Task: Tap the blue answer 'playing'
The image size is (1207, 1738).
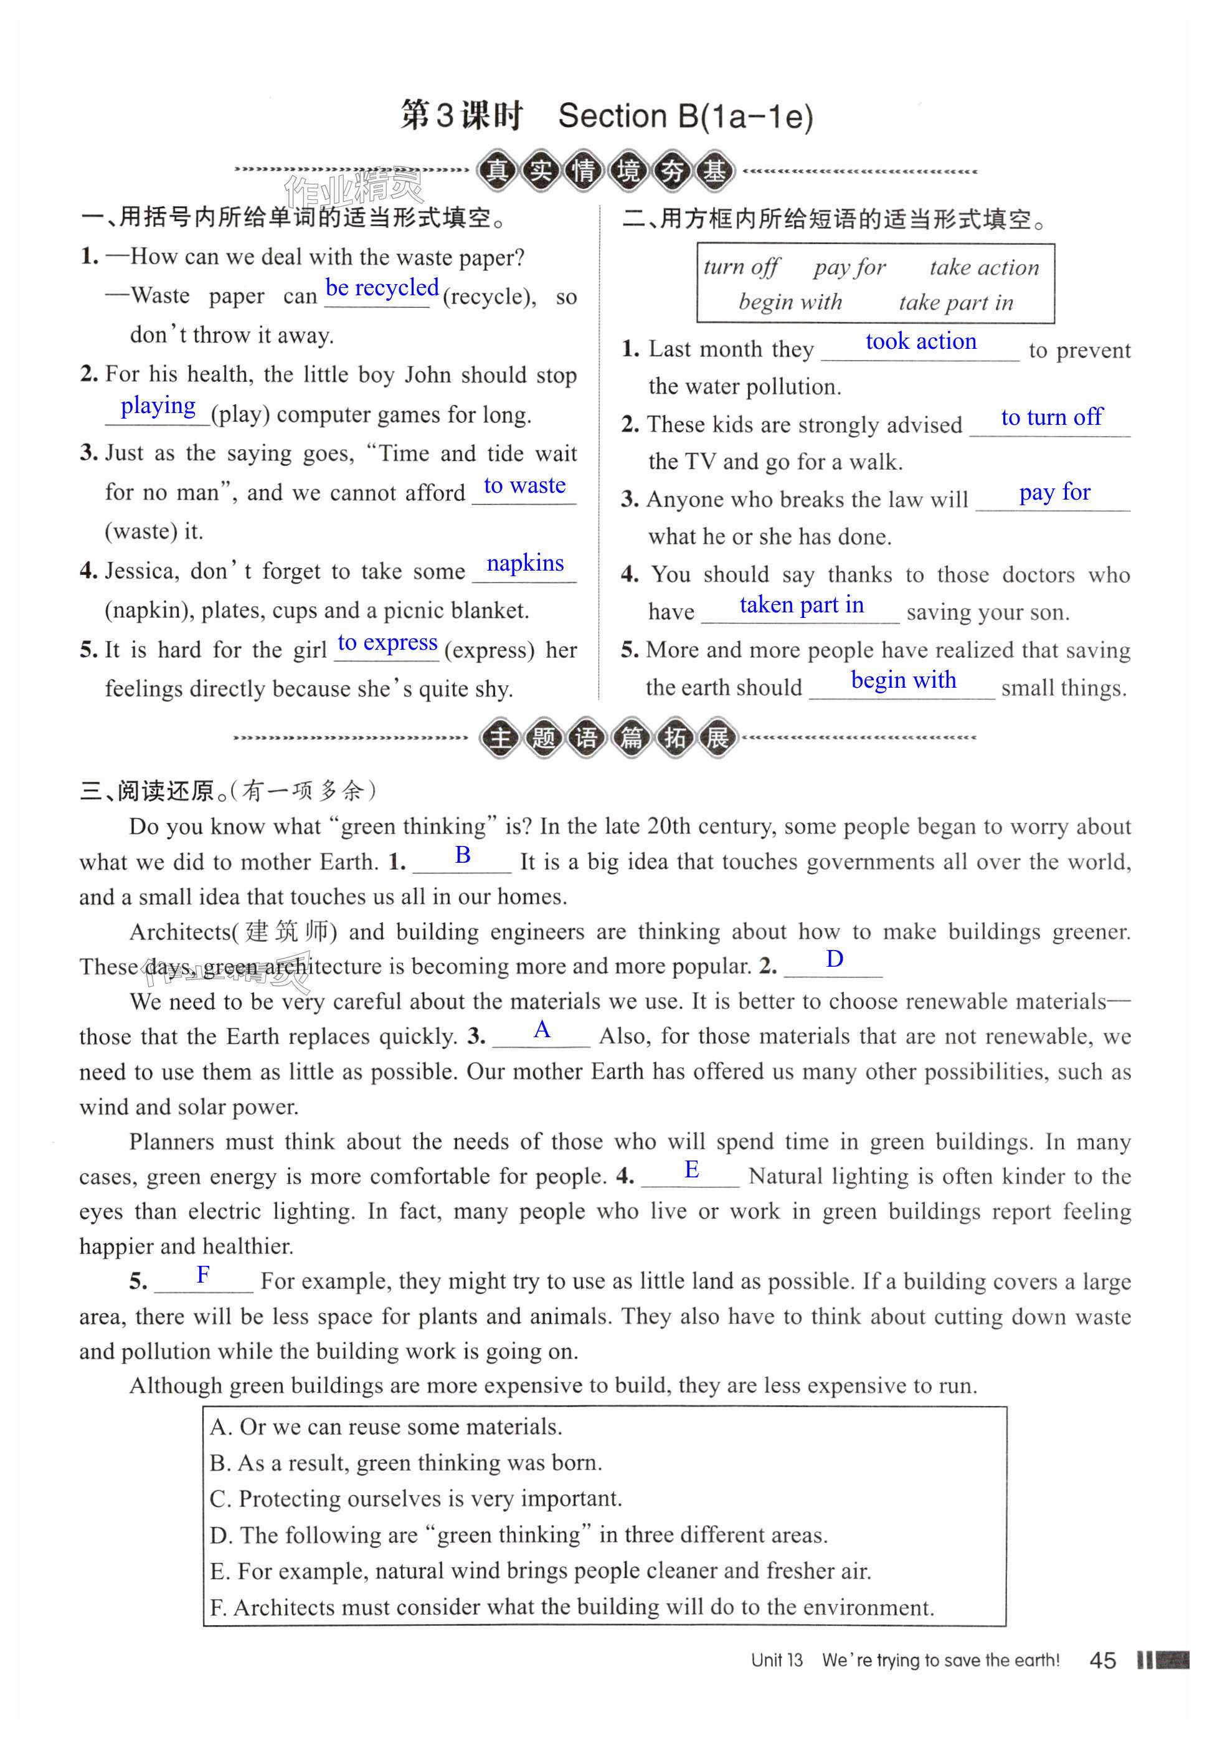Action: [x=158, y=406]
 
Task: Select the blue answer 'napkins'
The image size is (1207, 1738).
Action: [x=525, y=564]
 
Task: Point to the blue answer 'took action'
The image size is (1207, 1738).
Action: [x=921, y=342]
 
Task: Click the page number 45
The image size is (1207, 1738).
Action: [x=1102, y=1661]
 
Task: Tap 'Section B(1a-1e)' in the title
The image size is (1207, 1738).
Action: [x=685, y=116]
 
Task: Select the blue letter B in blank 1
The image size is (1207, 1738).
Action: [x=463, y=855]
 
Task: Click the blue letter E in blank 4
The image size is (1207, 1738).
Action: [x=691, y=1170]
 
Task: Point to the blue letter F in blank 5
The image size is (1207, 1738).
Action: [x=202, y=1275]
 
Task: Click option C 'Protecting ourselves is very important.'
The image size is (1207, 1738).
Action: [x=415, y=1499]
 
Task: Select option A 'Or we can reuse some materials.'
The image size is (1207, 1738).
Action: [x=386, y=1427]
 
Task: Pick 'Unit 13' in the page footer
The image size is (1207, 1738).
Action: [x=777, y=1661]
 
